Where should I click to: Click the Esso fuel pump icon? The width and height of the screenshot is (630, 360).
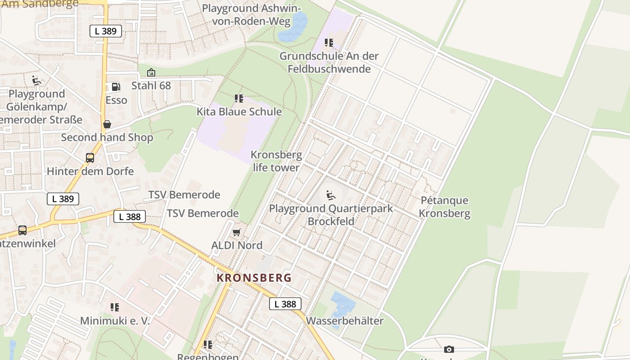click(x=116, y=87)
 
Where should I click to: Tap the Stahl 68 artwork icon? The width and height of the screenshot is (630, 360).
click(x=151, y=72)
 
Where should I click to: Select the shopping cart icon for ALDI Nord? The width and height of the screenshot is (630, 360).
click(x=236, y=232)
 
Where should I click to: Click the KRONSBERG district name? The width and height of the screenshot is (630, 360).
click(x=254, y=278)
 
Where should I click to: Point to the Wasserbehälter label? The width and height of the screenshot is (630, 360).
click(x=345, y=321)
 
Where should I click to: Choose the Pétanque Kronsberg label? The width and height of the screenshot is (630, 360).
click(x=445, y=207)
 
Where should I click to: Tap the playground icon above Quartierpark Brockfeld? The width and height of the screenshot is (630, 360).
click(x=331, y=195)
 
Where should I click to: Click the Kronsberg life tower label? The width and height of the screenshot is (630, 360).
click(x=276, y=161)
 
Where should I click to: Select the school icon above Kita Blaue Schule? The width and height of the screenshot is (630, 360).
click(x=239, y=99)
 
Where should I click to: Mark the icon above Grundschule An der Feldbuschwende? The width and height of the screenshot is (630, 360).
click(x=329, y=43)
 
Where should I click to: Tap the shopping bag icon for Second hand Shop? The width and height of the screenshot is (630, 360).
click(x=107, y=124)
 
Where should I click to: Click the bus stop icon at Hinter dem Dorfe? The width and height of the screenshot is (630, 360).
click(x=90, y=158)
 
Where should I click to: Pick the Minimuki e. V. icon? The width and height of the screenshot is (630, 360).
click(x=115, y=307)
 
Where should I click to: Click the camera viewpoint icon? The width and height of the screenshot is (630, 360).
click(x=449, y=349)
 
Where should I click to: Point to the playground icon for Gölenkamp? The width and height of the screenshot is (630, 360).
click(x=37, y=81)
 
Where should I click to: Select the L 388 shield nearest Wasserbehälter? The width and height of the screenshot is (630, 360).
click(x=285, y=304)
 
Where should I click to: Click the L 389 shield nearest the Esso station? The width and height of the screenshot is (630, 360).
click(x=106, y=31)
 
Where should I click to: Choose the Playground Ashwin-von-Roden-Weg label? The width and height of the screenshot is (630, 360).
click(x=252, y=14)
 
